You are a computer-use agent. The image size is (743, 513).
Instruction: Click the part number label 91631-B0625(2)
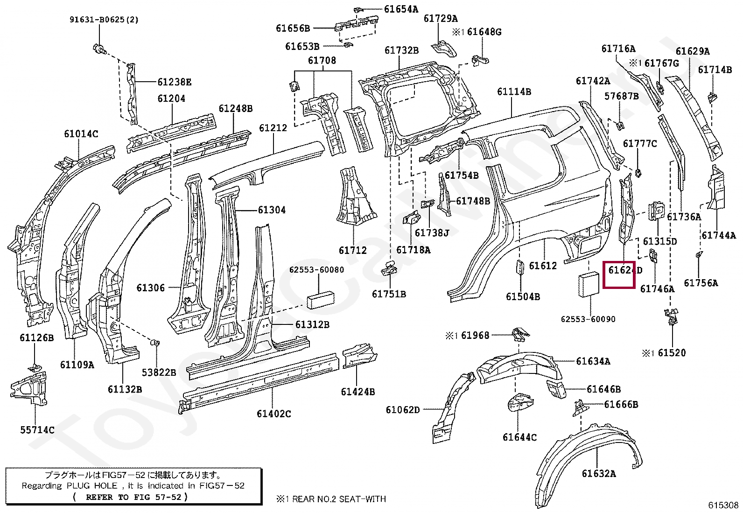coord(104,20)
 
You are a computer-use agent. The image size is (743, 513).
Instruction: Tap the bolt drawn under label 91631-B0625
coord(99,48)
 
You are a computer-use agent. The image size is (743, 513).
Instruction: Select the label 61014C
coord(81,134)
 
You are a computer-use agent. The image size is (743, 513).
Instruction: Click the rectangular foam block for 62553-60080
coord(320,300)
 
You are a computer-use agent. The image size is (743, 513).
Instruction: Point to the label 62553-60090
coord(588,319)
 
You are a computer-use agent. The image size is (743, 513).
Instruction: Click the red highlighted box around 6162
coord(619,274)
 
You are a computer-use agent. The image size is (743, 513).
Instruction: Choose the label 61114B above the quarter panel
coord(514,92)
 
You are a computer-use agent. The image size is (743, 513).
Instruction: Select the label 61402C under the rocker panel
coord(273,414)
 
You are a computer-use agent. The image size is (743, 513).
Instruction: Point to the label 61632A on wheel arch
coord(598,474)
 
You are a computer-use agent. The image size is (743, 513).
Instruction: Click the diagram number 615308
coord(723,505)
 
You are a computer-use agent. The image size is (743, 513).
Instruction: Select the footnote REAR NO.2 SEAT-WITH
coord(336,499)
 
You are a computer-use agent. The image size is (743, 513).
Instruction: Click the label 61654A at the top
coord(401,9)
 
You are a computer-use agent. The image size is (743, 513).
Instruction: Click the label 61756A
coord(701,283)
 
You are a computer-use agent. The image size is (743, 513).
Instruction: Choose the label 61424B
coord(357,392)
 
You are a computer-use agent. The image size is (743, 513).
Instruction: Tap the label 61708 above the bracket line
coord(322,61)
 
